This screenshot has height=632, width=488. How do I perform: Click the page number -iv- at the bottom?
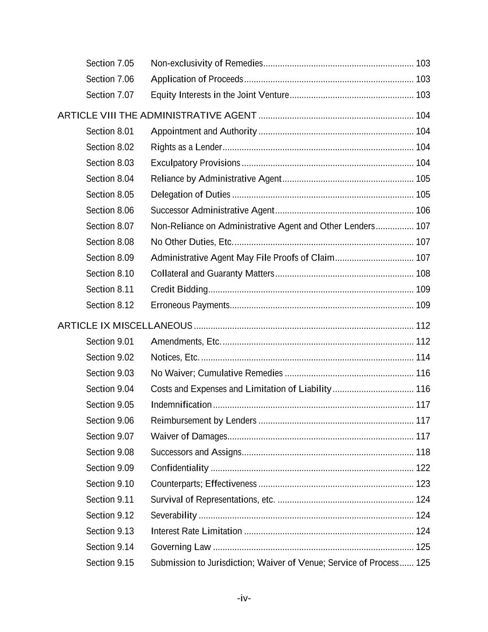244,598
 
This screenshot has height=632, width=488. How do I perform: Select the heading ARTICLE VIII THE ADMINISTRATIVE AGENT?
157,115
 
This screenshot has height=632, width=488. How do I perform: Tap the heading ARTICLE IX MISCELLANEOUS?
125,325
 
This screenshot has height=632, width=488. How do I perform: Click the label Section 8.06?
110,210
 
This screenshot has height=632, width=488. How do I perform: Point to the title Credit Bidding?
179,289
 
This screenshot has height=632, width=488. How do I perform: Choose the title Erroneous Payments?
190,305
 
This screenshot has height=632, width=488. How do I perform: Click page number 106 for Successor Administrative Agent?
423,210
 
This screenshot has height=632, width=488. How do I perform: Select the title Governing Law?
180,547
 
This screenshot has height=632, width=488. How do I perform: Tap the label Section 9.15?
110,563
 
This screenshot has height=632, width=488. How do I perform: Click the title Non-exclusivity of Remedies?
207,63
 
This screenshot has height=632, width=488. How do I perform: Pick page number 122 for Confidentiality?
423,468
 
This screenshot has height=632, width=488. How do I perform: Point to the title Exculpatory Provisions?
195,163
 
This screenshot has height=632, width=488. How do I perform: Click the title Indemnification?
181,405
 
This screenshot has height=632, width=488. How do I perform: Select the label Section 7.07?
110,95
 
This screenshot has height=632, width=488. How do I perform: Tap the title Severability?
173,515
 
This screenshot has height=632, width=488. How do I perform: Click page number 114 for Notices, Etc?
423,357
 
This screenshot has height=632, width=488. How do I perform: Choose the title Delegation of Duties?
190,194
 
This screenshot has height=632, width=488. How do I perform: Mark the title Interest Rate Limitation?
196,531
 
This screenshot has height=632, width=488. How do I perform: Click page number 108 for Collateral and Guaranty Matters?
423,274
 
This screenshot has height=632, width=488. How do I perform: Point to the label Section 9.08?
110,452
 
